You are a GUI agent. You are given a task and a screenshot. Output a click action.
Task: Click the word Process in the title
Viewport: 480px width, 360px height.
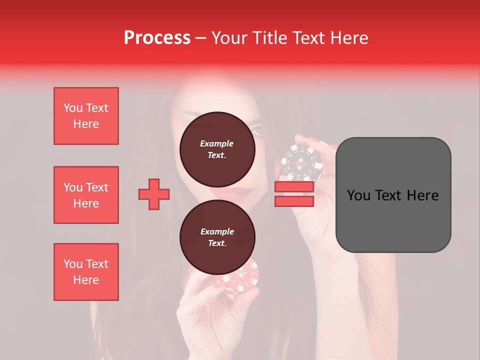pyautogui.click(x=157, y=38)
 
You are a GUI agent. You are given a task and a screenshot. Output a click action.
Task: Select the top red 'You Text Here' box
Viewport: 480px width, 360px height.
pyautogui.click(x=86, y=116)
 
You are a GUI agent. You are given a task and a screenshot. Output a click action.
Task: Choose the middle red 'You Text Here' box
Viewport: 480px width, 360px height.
pyautogui.click(x=86, y=195)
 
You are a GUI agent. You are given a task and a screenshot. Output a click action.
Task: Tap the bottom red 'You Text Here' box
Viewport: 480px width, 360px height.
pyautogui.click(x=86, y=272)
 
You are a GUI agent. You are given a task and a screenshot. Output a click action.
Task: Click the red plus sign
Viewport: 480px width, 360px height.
pyautogui.click(x=154, y=194)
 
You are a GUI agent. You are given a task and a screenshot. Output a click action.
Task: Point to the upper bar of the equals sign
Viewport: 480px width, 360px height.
pyautogui.click(x=294, y=187)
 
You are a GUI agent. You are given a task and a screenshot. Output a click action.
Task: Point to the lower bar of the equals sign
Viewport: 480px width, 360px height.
pyautogui.click(x=294, y=201)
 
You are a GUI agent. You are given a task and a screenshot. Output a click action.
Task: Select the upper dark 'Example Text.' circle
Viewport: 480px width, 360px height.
pyautogui.click(x=217, y=149)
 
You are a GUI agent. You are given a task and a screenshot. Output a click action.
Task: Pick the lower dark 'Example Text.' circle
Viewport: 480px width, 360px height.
pyautogui.click(x=217, y=237)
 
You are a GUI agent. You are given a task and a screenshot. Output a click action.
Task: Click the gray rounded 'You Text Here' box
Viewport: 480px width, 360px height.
pyautogui.click(x=393, y=195)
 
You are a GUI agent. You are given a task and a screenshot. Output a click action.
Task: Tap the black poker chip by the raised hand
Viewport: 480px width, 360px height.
pyautogui.click(x=301, y=162)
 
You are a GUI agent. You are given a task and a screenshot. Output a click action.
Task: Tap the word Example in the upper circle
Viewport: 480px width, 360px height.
pyautogui.click(x=217, y=143)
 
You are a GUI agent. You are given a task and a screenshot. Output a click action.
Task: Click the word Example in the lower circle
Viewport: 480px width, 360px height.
pyautogui.click(x=217, y=231)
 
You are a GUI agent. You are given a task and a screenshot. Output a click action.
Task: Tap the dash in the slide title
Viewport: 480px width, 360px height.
pyautogui.click(x=200, y=38)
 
